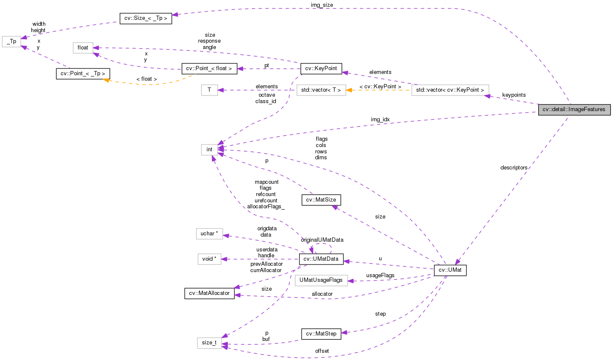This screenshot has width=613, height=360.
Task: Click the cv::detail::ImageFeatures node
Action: click(x=574, y=109)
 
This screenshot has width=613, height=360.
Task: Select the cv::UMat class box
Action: click(x=450, y=270)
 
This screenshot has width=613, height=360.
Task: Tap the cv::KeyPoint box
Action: click(x=321, y=68)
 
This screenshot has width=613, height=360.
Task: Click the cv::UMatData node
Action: click(x=321, y=259)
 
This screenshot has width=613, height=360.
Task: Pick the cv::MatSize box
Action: click(x=321, y=200)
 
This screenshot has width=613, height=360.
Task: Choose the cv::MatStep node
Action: click(x=321, y=334)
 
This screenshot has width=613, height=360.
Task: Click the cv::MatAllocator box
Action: click(x=209, y=293)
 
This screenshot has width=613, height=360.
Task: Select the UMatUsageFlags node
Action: click(x=321, y=280)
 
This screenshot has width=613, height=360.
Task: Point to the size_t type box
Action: click(x=209, y=343)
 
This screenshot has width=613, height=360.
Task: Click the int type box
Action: click(x=209, y=150)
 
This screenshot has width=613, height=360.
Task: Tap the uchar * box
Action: click(x=209, y=234)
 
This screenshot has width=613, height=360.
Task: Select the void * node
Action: click(x=209, y=259)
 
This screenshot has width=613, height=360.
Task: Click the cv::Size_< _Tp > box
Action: click(x=146, y=18)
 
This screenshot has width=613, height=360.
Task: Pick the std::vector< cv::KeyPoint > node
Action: click(x=450, y=90)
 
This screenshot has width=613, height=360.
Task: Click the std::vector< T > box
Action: click(x=321, y=90)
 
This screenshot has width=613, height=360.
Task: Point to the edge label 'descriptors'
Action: click(x=514, y=168)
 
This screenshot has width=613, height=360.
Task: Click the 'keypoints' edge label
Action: click(x=514, y=95)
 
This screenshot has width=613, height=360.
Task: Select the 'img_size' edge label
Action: click(x=322, y=5)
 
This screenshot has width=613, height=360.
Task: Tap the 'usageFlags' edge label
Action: click(x=380, y=275)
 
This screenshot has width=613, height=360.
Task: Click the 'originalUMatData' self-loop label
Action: click(x=322, y=240)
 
